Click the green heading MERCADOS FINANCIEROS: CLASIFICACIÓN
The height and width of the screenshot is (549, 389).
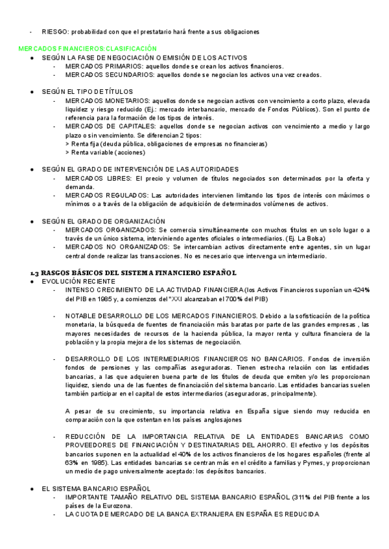pyautogui.click(x=88, y=49)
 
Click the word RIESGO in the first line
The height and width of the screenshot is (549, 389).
pyautogui.click(x=54, y=31)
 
